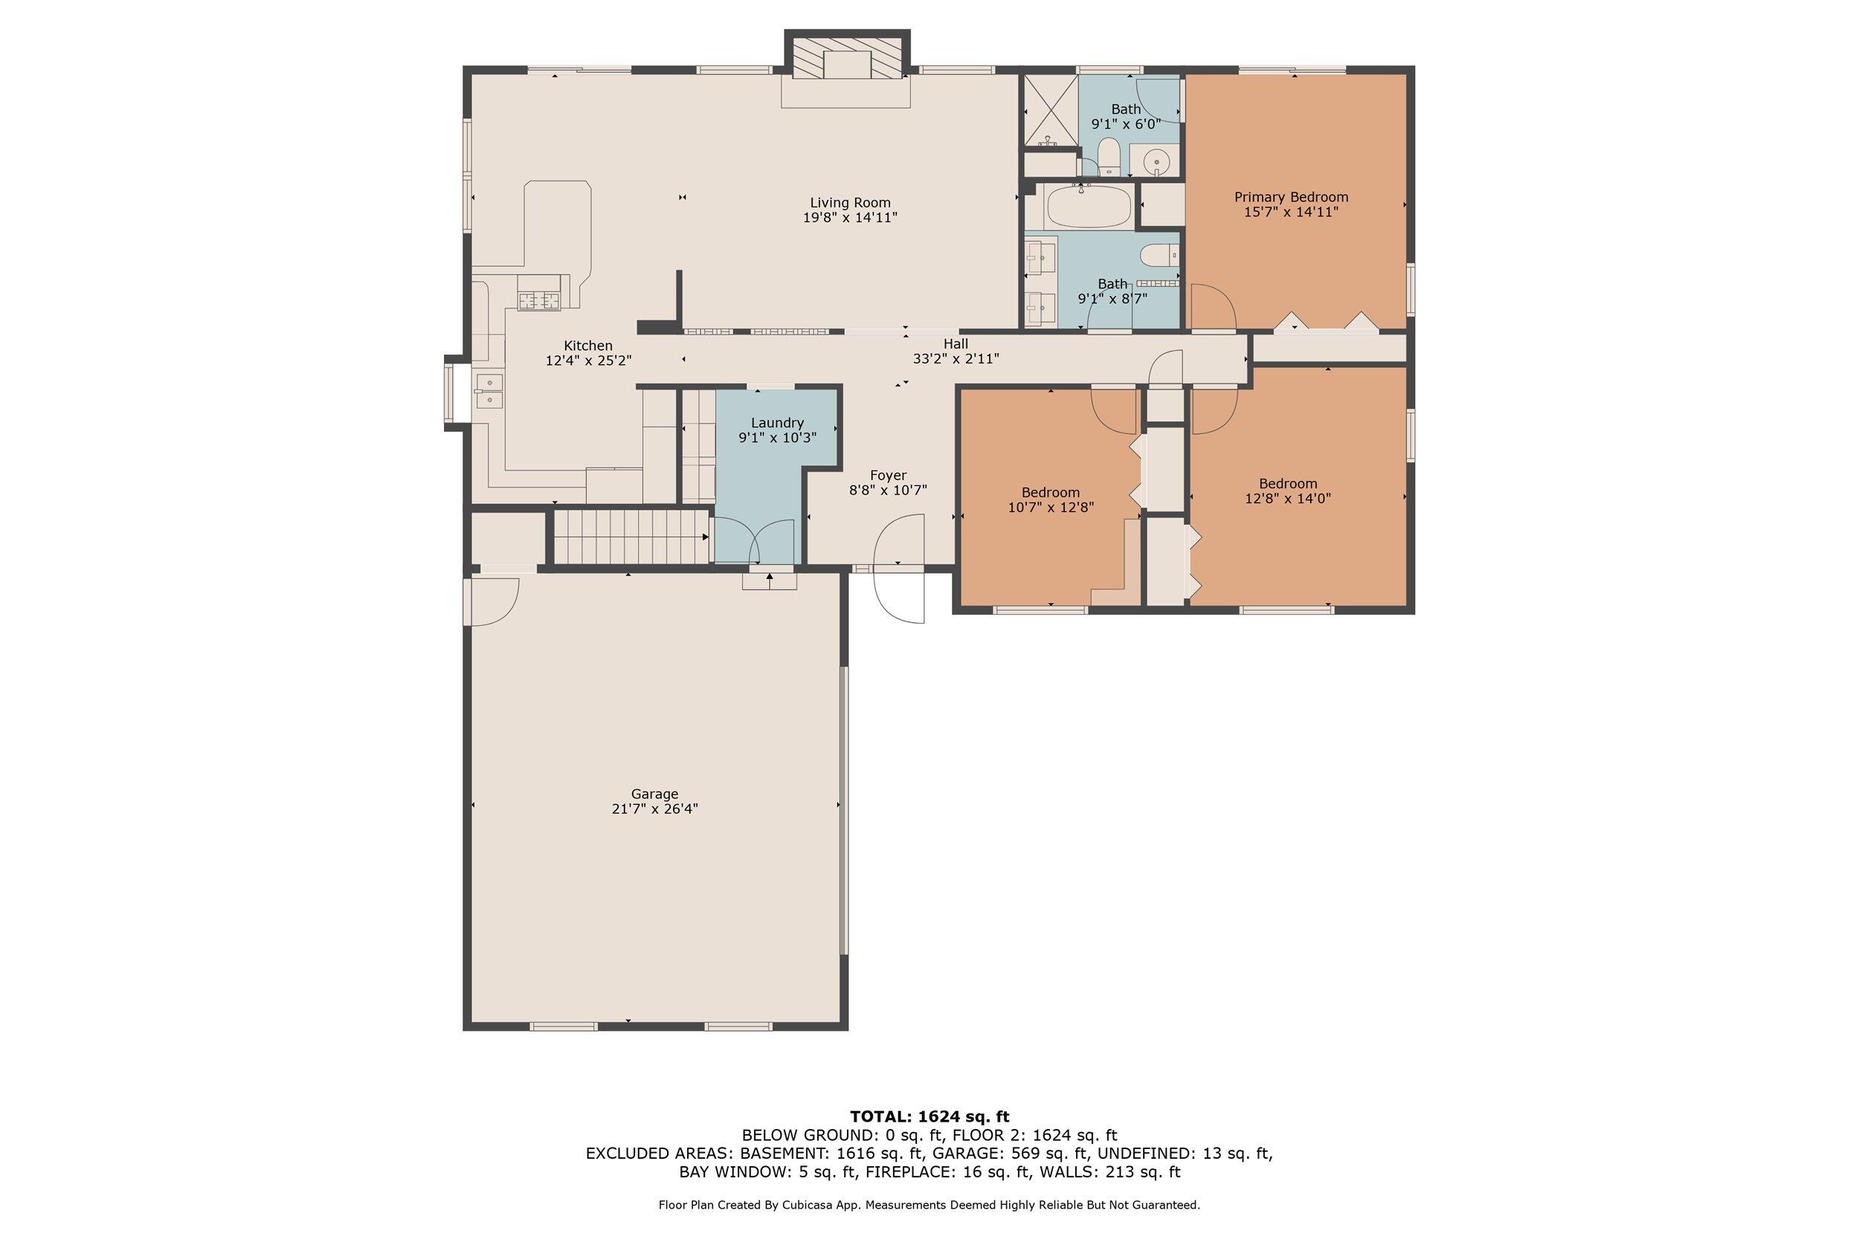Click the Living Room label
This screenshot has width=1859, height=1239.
click(850, 203)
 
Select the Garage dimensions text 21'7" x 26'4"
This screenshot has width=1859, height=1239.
click(654, 809)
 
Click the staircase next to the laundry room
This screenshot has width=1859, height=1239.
click(629, 537)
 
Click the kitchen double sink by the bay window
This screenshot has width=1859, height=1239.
click(489, 392)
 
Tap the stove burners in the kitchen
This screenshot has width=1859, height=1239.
click(539, 300)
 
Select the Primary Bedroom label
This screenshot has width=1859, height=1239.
click(1291, 197)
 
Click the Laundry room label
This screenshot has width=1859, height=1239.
click(777, 423)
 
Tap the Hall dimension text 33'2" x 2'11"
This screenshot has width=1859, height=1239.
click(956, 359)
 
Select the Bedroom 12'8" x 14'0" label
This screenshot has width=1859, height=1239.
click(1288, 484)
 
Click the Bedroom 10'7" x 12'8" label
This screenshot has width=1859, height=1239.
click(1051, 492)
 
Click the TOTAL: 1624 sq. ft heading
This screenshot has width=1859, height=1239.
click(929, 1116)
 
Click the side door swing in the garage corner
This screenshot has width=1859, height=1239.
click(494, 601)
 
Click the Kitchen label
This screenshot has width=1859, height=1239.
click(587, 346)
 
